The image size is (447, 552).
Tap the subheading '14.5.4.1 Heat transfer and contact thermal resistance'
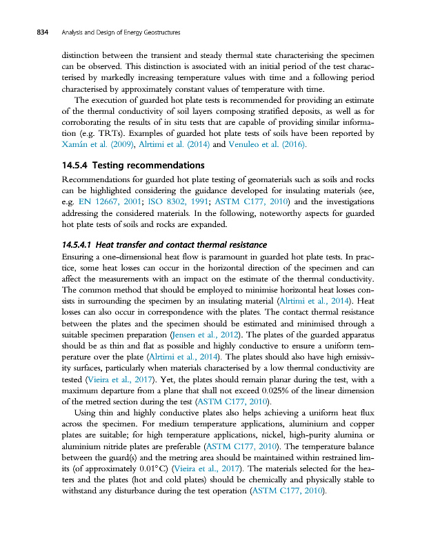point(164,244)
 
